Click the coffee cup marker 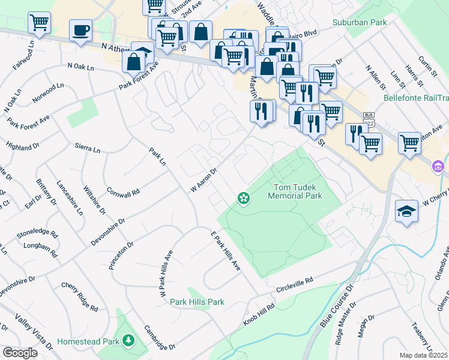pyautogui.click(x=80, y=30)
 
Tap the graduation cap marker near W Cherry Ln pyautogui.click(x=406, y=211)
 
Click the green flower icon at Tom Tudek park pyautogui.click(x=243, y=197)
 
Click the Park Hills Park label pyautogui.click(x=197, y=302)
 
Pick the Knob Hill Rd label pyautogui.click(x=259, y=314)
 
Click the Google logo pyautogui.click(x=19, y=353)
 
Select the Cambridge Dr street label pyautogui.click(x=159, y=338)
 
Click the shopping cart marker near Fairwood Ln pyautogui.click(x=39, y=23)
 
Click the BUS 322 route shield pyautogui.click(x=369, y=119)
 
